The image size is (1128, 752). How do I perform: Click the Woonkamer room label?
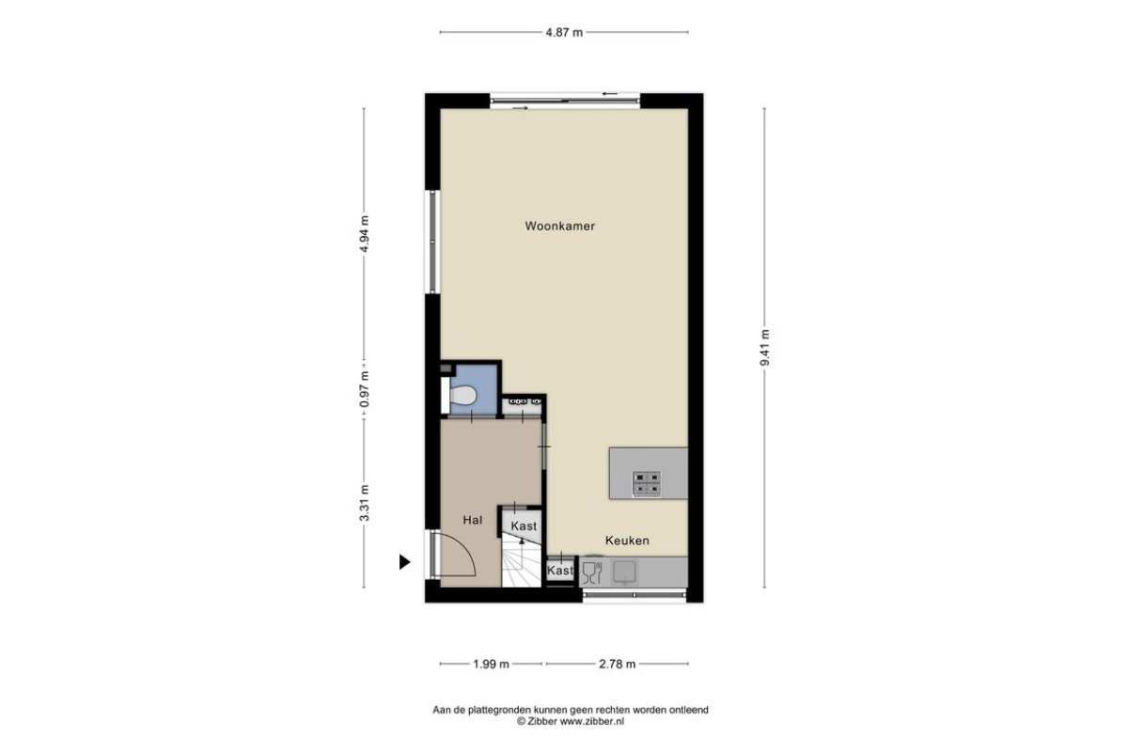pos(559,227)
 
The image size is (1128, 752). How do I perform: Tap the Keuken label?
pos(627,540)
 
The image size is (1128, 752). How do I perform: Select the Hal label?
pos(472,520)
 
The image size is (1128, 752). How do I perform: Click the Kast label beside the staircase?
pos(524,525)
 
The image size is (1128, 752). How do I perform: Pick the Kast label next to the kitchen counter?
pos(560,571)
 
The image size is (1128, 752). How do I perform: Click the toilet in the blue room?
pos(462,395)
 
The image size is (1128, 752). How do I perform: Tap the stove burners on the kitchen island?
pos(646,483)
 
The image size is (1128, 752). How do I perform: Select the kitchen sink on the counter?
pos(624,572)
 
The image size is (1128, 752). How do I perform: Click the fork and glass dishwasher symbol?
pos(592,572)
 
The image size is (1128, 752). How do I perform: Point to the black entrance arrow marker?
pos(404,561)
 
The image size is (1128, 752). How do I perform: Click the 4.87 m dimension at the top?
pos(564,33)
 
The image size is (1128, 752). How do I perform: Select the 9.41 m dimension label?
pos(765,348)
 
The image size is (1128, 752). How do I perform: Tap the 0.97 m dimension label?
pos(365,390)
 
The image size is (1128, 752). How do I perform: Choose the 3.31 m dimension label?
pos(365,503)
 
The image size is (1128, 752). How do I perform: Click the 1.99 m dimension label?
pos(491,664)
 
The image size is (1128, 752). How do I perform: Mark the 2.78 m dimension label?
pos(617,664)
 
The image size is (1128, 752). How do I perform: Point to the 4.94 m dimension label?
pos(365,235)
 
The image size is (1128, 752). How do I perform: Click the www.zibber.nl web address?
pos(592,721)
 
